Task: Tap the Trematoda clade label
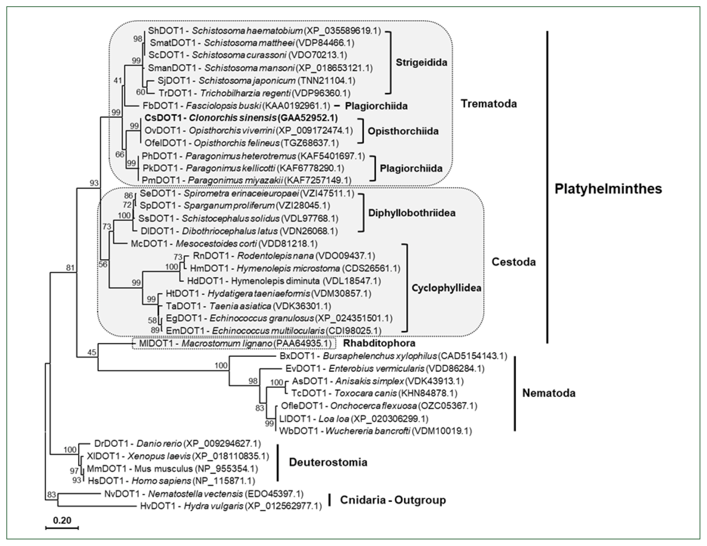[489, 104]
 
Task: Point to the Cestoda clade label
[513, 262]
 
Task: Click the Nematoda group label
[549, 393]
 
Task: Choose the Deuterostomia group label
[328, 462]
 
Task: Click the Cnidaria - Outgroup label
[393, 500]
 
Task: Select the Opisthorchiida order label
[403, 131]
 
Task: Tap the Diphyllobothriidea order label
[412, 213]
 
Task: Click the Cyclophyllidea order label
[446, 288]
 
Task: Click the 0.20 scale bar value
[62, 520]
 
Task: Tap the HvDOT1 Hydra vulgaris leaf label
[231, 506]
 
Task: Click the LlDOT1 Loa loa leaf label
[353, 419]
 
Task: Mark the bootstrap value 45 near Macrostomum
[92, 352]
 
